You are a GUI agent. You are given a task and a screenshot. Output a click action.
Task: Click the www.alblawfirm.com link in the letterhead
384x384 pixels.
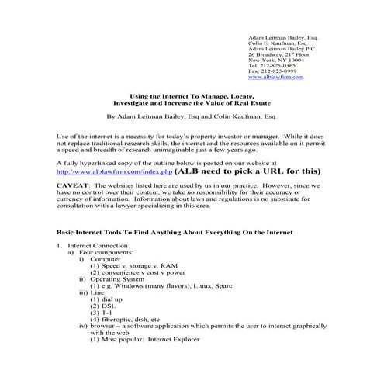point(275,78)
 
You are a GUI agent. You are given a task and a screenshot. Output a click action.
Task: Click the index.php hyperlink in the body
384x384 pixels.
point(104,171)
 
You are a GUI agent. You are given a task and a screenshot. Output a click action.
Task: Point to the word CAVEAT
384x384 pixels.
point(74,187)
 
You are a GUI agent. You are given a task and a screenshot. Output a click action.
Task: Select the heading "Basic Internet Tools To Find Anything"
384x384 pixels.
point(124,233)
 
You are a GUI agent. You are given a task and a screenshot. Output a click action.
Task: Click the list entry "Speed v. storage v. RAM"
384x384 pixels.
point(138,267)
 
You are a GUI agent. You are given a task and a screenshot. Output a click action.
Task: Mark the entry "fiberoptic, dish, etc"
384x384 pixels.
point(129,320)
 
